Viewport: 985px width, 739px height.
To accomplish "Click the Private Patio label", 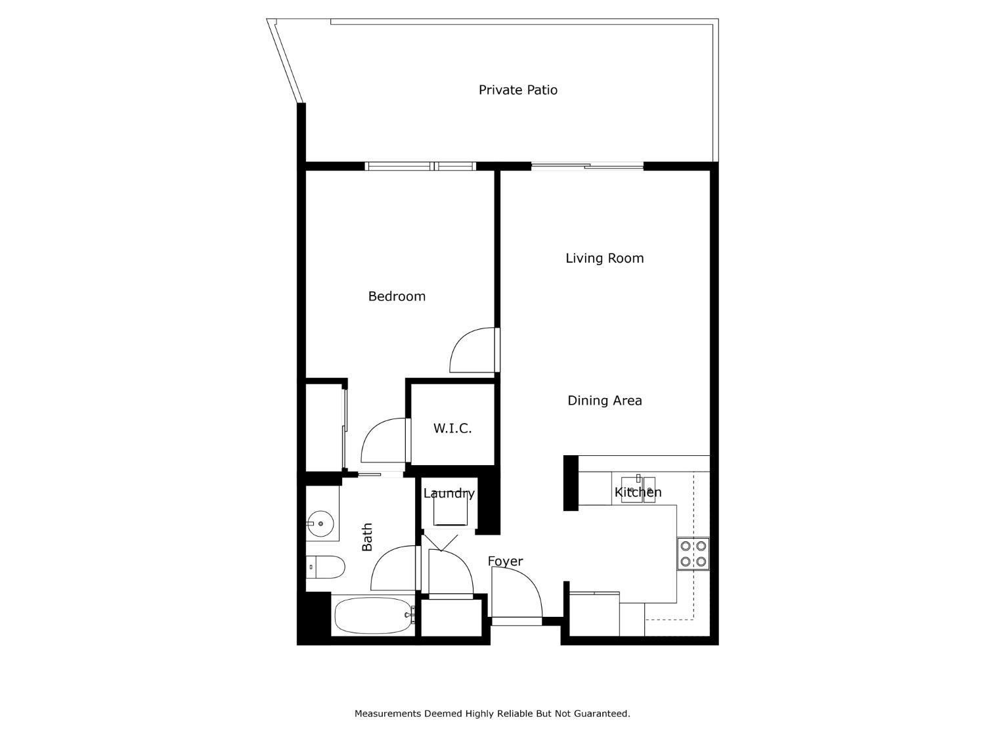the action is (x=518, y=90).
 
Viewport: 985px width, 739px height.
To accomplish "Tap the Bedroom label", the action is (x=397, y=296).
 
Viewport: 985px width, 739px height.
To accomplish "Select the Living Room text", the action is (x=605, y=258).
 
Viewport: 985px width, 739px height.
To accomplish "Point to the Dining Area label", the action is (x=605, y=400).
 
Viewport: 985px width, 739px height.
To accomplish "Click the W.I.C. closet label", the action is (x=452, y=428).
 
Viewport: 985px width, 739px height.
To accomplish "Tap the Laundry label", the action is (x=449, y=493).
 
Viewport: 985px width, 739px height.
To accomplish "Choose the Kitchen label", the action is (x=638, y=492).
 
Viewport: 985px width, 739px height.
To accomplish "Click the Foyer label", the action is (x=505, y=562).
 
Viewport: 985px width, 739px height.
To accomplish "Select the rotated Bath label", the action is (x=367, y=537).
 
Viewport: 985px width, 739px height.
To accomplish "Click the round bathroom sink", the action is (x=320, y=524).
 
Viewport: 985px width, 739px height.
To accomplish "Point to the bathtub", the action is (x=374, y=615).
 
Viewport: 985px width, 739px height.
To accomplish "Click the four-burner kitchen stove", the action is (x=693, y=554).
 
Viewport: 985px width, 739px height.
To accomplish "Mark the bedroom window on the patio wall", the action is (x=420, y=166).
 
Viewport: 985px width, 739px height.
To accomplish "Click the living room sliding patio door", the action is (x=587, y=166).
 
